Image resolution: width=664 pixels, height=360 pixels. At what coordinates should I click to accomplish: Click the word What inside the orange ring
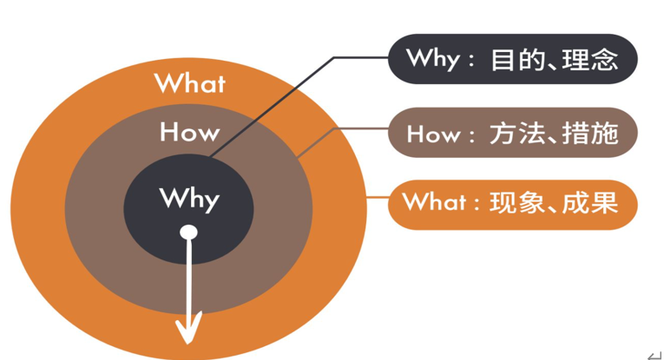coord(189,83)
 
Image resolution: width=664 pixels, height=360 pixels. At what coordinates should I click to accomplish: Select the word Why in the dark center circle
coord(189,199)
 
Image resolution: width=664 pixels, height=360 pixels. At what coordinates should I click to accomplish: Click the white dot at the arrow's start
coord(188,232)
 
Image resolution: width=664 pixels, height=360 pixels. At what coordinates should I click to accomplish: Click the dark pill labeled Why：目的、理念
coord(513,60)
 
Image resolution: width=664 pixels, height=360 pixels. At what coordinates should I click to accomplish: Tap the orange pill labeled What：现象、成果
coord(513,203)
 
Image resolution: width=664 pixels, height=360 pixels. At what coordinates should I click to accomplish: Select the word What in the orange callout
coord(433,203)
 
